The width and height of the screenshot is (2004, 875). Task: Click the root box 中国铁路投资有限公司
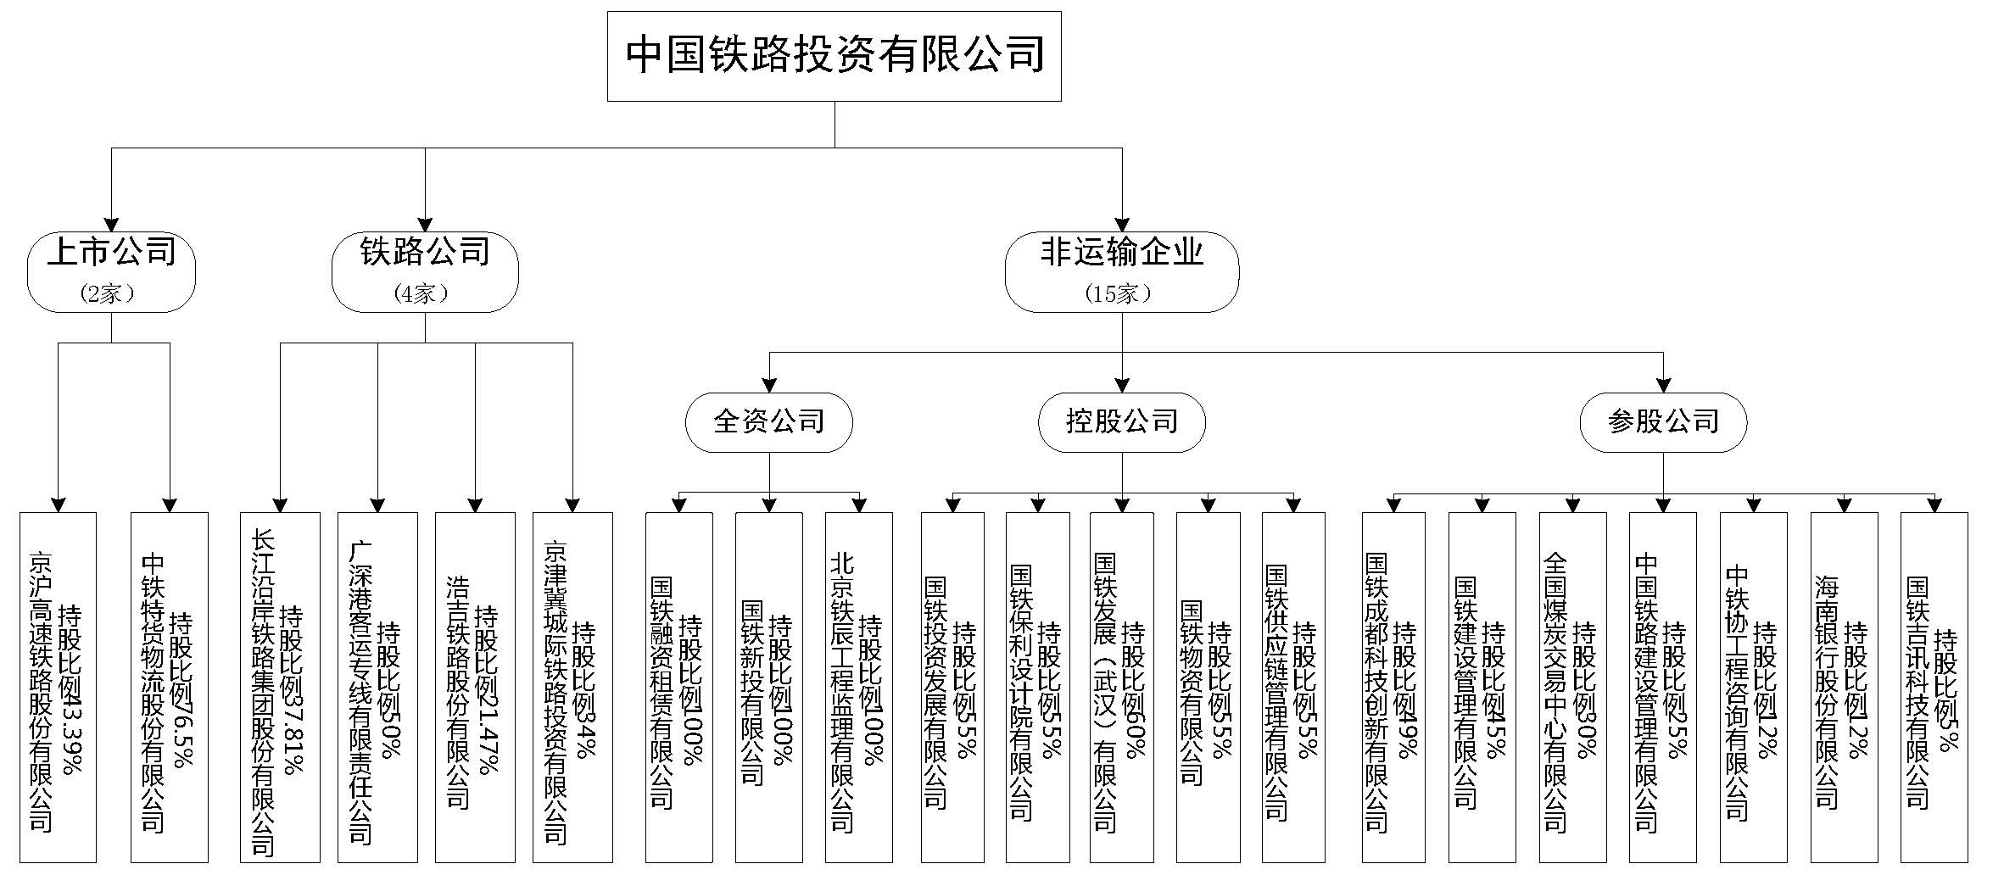(x=834, y=56)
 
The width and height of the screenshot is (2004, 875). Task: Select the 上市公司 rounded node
(x=111, y=271)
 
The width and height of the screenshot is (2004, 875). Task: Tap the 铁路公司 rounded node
(x=425, y=271)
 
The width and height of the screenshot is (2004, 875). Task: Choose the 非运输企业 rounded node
(x=1121, y=271)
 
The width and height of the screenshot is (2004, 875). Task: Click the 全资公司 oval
(x=769, y=421)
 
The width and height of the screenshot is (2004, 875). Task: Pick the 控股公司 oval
(x=1121, y=421)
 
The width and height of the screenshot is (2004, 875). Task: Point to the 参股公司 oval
(x=1663, y=421)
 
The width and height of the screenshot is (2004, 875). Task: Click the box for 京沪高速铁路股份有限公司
(x=58, y=687)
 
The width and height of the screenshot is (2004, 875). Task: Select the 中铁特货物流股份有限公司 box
(x=170, y=687)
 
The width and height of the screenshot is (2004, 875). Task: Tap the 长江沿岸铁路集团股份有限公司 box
(x=280, y=687)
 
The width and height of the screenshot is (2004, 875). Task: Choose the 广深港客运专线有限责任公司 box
(x=377, y=687)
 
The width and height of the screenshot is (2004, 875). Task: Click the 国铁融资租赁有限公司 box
(x=678, y=687)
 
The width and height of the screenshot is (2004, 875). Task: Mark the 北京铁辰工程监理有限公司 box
(x=858, y=687)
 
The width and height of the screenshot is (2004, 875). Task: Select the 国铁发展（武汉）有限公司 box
(x=1121, y=687)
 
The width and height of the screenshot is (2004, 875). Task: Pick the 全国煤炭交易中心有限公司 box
(x=1572, y=687)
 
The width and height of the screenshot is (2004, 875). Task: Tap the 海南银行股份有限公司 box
(x=1844, y=687)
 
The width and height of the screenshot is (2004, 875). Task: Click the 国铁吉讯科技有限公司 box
(x=1934, y=687)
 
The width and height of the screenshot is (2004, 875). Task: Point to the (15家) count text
(x=1119, y=294)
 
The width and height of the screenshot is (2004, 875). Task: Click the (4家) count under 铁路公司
(x=421, y=294)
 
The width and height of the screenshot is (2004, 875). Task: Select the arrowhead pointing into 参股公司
(x=1663, y=386)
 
